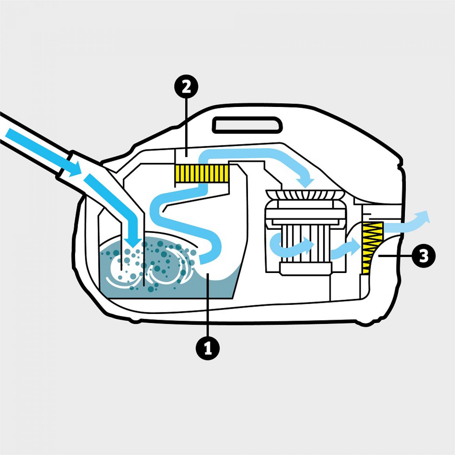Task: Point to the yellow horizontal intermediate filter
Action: pyautogui.click(x=201, y=173)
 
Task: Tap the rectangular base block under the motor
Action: pyautogui.click(x=304, y=269)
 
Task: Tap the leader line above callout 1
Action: pyautogui.click(x=208, y=305)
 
